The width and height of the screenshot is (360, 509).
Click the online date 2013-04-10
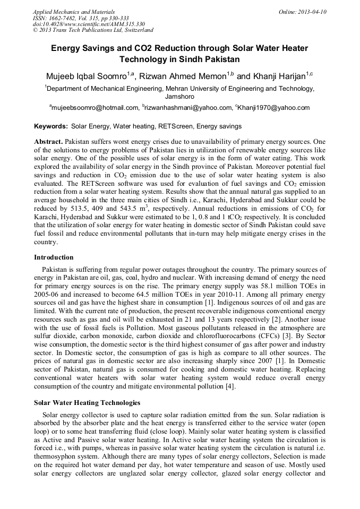pyautogui.click(x=312, y=12)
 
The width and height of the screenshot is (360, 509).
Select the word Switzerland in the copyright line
pyautogui.click(x=135, y=31)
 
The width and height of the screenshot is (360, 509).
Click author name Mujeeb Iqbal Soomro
pyautogui.click(x=85, y=76)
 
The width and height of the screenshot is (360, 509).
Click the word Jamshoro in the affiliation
pyautogui.click(x=179, y=97)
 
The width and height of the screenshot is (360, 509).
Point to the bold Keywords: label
pyautogui.click(x=51, y=127)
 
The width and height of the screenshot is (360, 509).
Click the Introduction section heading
pyautogui.click(x=54, y=257)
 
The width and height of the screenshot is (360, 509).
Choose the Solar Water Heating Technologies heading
pyautogui.click(x=87, y=403)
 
